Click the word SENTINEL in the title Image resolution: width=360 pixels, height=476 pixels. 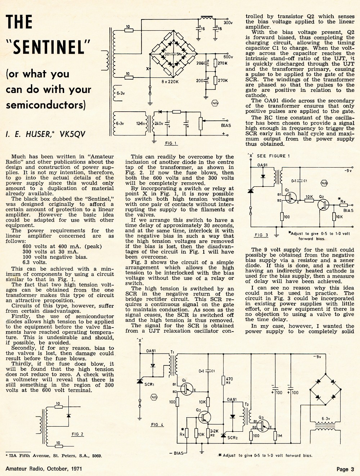pos(48,47)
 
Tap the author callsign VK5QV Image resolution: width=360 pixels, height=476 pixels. pos(73,134)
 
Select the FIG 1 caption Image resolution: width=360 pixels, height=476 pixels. pos(171,143)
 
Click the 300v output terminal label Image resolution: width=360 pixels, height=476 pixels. pos(228,23)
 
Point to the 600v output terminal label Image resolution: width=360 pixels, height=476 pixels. pos(228,57)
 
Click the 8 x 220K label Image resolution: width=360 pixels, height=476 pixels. pos(170,82)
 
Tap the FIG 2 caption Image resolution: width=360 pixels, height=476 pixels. pos(77,434)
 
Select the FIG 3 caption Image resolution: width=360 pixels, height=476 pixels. pos(261,235)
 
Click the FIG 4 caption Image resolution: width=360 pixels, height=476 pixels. pos(157,424)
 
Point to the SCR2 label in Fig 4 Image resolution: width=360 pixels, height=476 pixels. pos(233,437)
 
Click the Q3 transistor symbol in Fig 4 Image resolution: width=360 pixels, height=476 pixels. pos(263,426)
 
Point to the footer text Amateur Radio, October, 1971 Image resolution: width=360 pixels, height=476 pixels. pos(44,469)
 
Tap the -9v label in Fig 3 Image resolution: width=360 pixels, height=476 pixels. pos(348,171)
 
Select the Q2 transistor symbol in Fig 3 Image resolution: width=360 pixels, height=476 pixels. pos(323,205)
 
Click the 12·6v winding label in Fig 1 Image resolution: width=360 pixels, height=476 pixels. pos(140,124)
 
